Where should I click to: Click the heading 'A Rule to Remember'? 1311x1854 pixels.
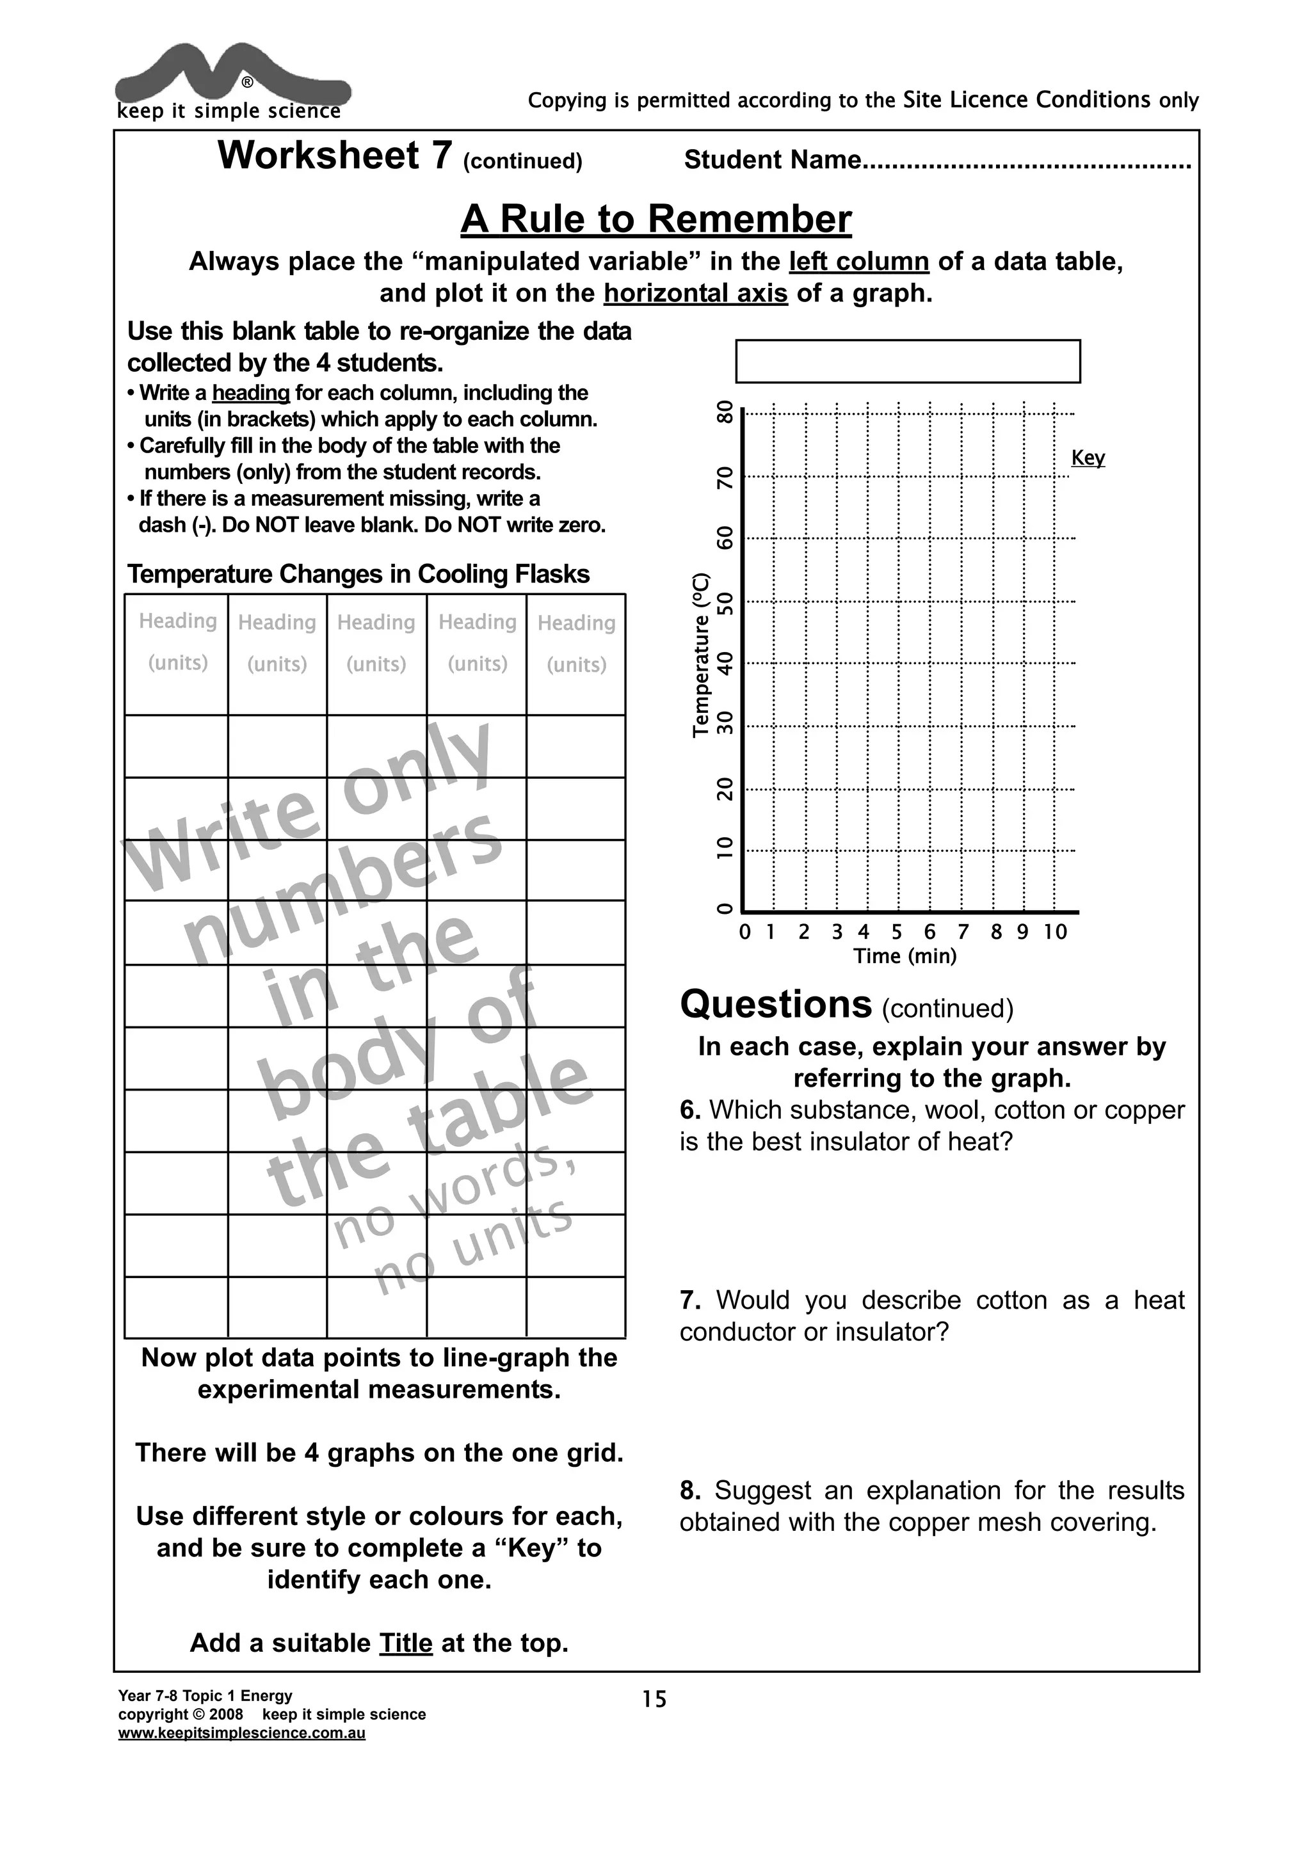656,219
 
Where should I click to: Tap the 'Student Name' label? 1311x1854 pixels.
772,160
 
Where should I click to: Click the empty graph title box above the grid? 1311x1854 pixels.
907,361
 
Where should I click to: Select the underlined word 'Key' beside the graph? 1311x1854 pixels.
1087,458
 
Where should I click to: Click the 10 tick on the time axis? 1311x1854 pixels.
1054,932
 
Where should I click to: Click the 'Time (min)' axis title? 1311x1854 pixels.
905,957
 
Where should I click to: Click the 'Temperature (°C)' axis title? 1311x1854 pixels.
701,655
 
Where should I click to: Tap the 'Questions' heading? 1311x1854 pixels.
775,1005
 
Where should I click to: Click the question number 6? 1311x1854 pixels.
689,1110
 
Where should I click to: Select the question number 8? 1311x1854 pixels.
689,1490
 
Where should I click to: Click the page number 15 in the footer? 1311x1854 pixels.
654,1700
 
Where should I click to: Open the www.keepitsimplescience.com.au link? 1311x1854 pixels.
241,1734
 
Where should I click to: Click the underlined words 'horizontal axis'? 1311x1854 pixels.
695,293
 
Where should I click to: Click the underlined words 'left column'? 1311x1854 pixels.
858,262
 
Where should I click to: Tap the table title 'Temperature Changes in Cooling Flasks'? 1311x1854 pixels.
358,574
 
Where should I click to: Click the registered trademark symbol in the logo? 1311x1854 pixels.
247,83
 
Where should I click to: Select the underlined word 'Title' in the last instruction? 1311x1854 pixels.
405,1643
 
